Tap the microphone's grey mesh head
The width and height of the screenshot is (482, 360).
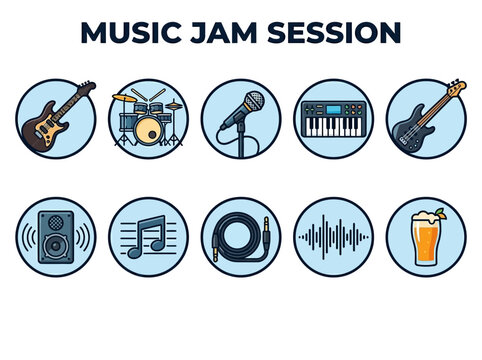254,101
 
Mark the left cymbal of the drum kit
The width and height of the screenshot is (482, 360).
123,97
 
